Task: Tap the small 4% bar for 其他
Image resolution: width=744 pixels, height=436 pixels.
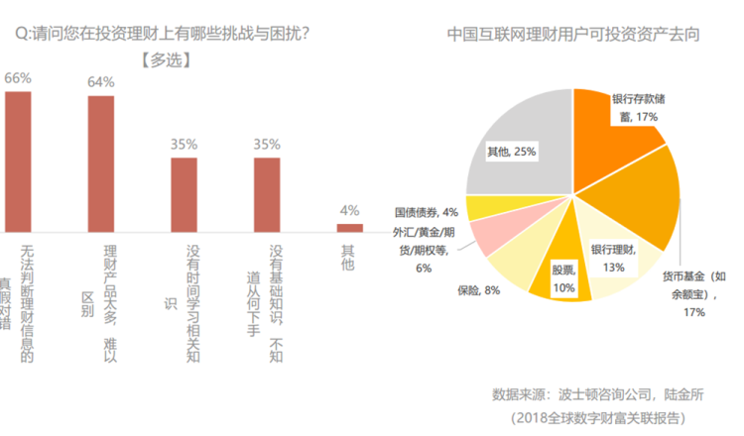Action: [x=349, y=228]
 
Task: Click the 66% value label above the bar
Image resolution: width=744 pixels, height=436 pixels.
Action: [x=19, y=77]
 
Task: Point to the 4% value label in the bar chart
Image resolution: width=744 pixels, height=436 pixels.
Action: [x=349, y=210]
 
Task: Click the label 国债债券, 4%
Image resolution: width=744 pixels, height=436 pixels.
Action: [x=426, y=211]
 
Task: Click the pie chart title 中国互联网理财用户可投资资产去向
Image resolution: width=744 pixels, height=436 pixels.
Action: [x=573, y=33]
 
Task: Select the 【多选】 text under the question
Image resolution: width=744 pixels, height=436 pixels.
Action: [x=167, y=58]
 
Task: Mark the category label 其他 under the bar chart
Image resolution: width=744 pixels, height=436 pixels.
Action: [x=347, y=260]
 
